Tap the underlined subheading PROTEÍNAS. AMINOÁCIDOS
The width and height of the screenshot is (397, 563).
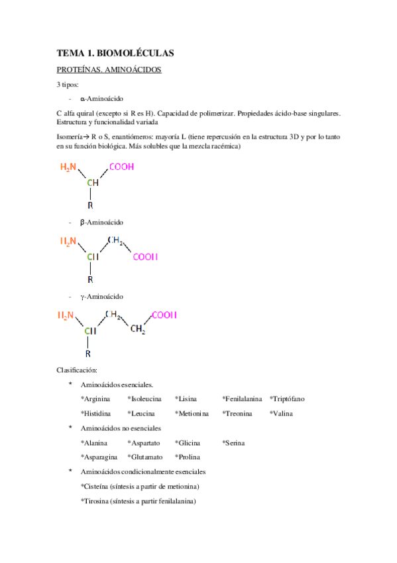tap(109, 69)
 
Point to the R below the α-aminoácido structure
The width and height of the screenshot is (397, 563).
tap(90, 205)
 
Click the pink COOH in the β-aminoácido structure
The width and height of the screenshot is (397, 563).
tap(145, 257)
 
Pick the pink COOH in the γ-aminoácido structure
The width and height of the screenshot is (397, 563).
tap(164, 315)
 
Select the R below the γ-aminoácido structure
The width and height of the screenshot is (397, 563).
tap(88, 354)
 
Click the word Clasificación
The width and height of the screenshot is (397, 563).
tap(78, 370)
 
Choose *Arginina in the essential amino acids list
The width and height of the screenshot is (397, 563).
tap(95, 398)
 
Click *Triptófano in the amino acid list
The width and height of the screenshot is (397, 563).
tap(288, 398)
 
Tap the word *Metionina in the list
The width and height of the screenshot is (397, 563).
tap(192, 413)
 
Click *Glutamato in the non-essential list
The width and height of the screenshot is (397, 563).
tap(145, 457)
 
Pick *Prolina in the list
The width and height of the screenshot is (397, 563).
tap(187, 457)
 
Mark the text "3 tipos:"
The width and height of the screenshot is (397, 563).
tap(68, 84)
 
